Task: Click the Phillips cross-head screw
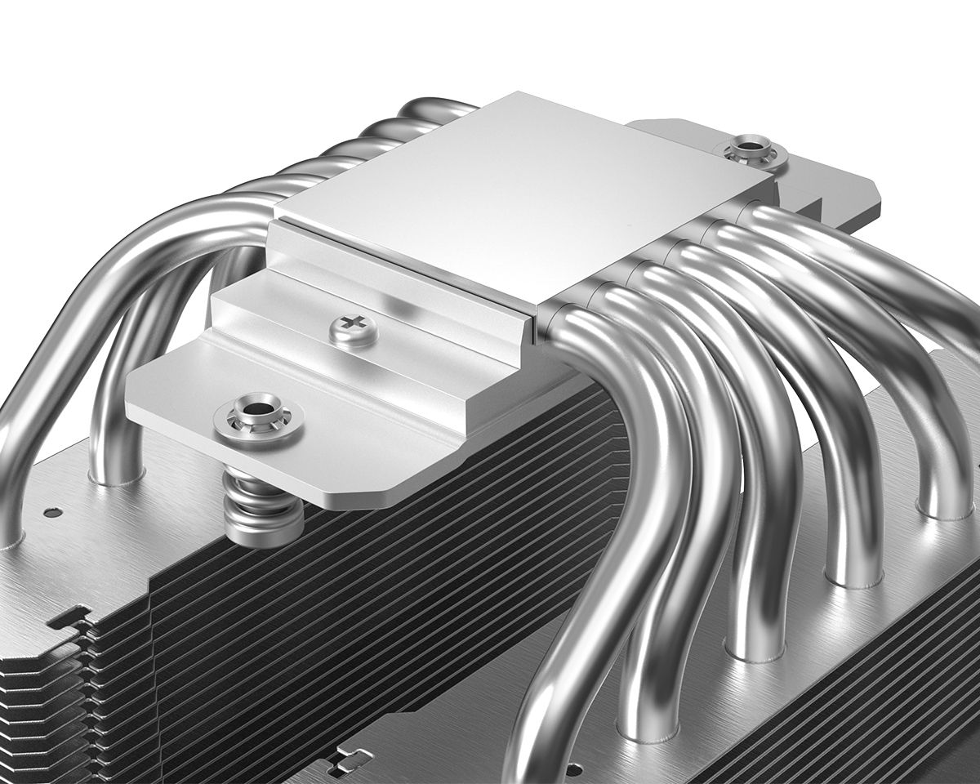pyautogui.click(x=353, y=330)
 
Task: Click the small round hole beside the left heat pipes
pyautogui.click(x=52, y=514)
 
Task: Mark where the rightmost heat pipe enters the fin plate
pyautogui.click(x=944, y=506)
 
